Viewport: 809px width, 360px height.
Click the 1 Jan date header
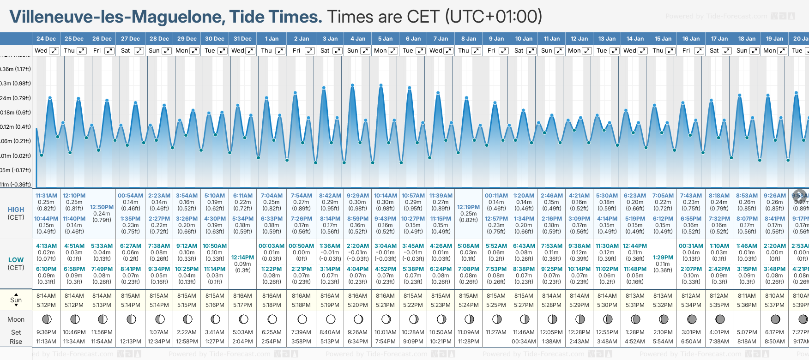[272, 39]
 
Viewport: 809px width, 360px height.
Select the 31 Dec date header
[242, 39]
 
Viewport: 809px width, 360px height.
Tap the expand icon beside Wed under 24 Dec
[54, 51]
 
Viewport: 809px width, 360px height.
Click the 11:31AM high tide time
[46, 196]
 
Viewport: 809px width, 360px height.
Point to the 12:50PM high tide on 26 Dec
[102, 207]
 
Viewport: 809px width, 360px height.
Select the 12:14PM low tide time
[242, 258]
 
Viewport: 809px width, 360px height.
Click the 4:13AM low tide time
[46, 246]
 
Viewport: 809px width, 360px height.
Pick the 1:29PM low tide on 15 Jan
[663, 258]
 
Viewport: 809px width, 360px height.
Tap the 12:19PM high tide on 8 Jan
[468, 207]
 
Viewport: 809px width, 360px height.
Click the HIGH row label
[16, 210]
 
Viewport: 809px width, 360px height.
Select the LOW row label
[16, 260]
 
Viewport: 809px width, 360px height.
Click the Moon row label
[16, 319]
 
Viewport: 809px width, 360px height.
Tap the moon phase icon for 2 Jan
[302, 319]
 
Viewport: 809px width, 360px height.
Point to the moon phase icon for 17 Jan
[719, 319]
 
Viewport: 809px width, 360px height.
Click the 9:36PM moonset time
[46, 332]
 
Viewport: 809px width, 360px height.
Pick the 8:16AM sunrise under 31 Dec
[242, 296]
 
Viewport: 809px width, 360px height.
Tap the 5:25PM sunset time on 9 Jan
[496, 305]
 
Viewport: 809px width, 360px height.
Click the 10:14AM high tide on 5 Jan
[385, 196]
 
